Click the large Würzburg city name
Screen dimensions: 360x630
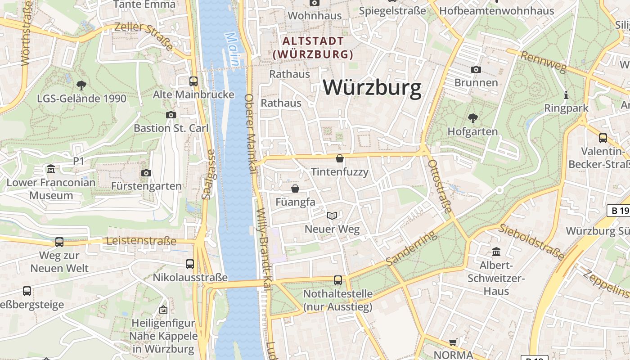click(372, 88)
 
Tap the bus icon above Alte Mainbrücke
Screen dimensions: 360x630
click(193, 81)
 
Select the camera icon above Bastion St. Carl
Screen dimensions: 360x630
click(171, 115)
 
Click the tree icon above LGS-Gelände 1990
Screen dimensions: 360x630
click(81, 85)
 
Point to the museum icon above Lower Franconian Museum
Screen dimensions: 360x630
click(51, 169)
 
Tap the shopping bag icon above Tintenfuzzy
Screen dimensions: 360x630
click(340, 158)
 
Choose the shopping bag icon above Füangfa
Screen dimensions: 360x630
click(295, 189)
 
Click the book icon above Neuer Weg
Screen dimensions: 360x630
click(332, 216)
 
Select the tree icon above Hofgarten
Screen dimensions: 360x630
click(472, 118)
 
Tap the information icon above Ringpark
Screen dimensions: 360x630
click(566, 95)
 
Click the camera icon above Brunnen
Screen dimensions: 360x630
click(476, 69)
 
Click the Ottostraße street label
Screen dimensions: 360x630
click(440, 186)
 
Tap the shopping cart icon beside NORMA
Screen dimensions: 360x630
click(453, 342)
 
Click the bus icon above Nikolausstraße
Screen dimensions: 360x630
click(190, 264)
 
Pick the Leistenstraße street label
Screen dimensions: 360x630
click(141, 241)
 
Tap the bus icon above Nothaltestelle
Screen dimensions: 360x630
click(338, 280)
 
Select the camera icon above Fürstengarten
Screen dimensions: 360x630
click(146, 173)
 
